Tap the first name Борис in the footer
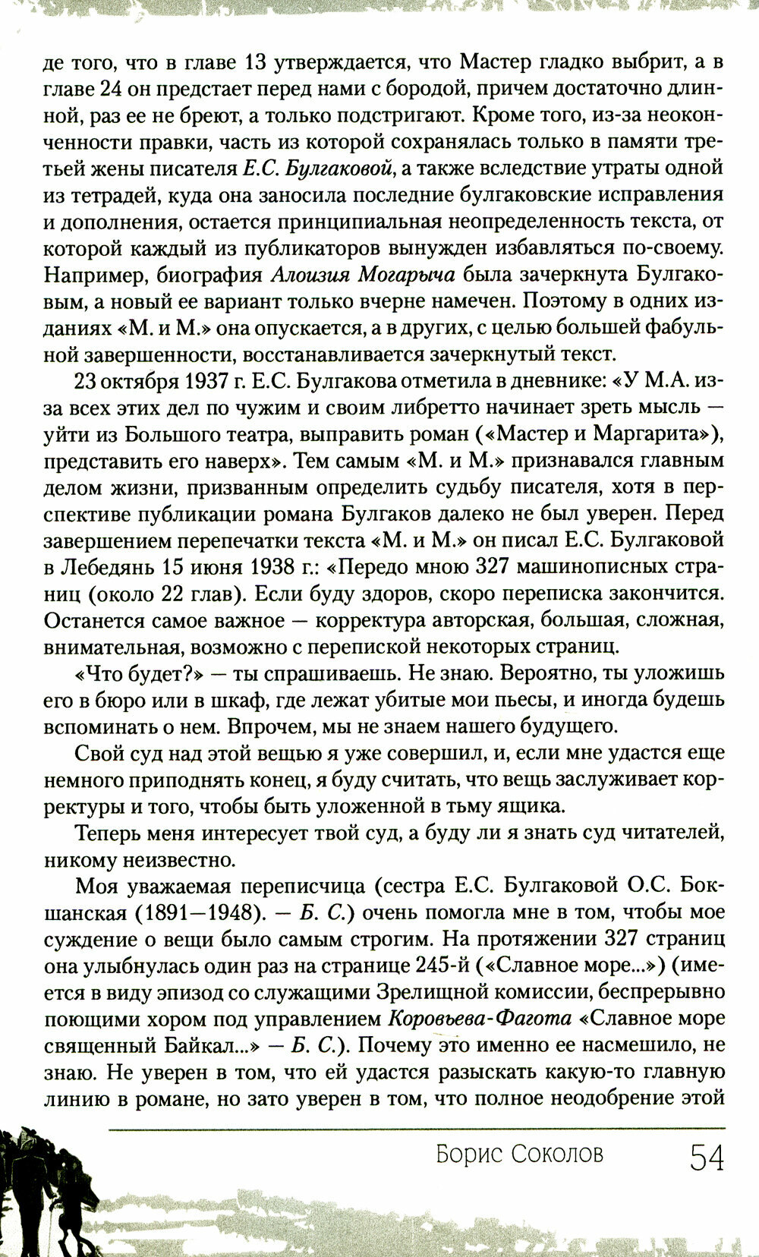(x=465, y=1155)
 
